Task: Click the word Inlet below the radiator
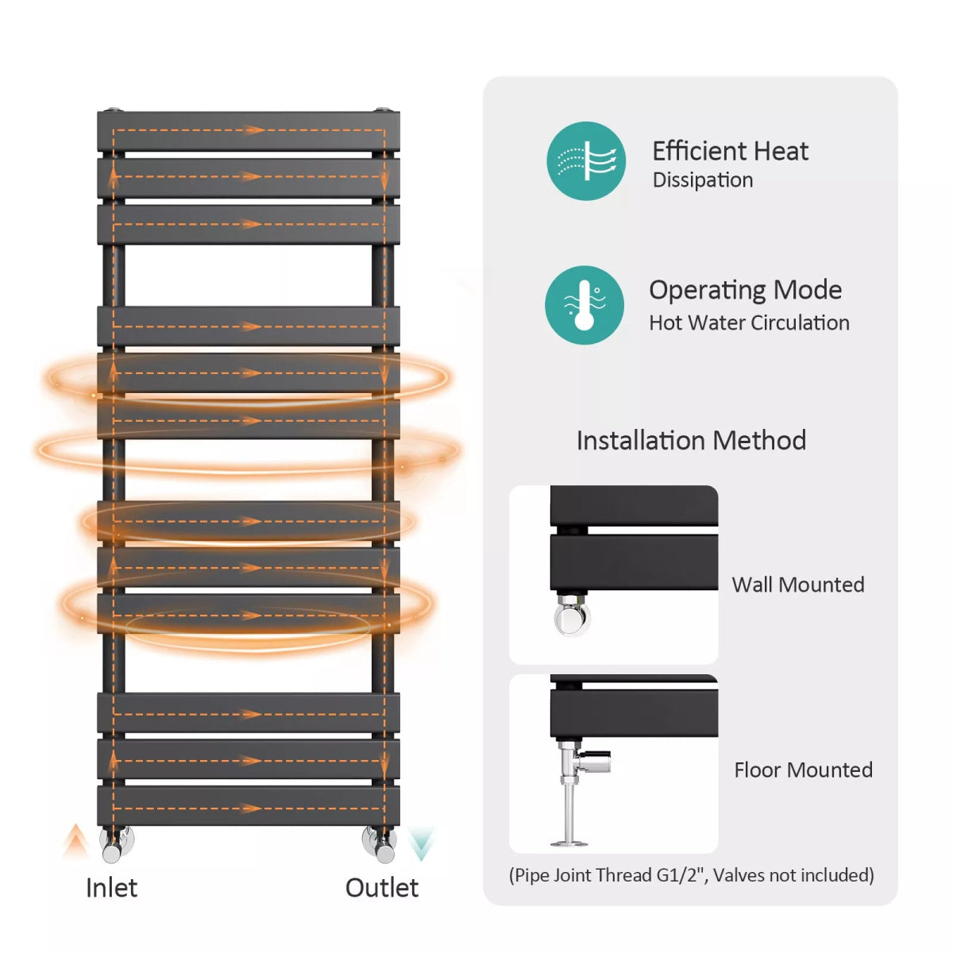(x=111, y=887)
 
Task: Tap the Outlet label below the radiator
(x=381, y=887)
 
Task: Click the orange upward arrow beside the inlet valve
(x=76, y=840)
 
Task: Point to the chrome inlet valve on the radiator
(x=116, y=845)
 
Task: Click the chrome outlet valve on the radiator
(x=380, y=843)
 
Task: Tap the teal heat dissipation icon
(x=586, y=160)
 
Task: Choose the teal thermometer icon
(x=585, y=305)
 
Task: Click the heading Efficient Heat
(x=730, y=151)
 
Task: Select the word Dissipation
(x=703, y=180)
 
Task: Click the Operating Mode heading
(x=745, y=290)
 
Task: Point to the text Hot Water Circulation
(x=749, y=322)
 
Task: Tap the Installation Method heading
(x=691, y=440)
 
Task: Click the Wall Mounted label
(x=798, y=585)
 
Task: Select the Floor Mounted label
(x=803, y=770)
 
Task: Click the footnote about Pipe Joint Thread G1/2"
(x=691, y=875)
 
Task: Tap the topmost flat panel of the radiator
(x=249, y=131)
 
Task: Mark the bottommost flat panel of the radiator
(x=249, y=805)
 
